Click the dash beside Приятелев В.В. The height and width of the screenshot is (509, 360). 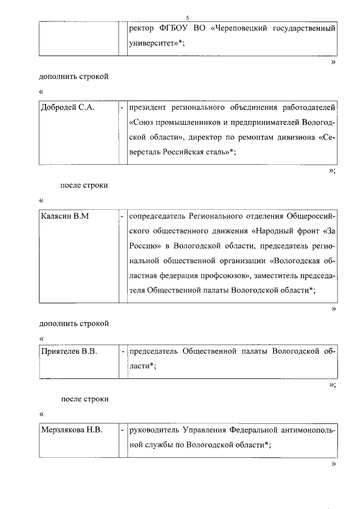coord(122,352)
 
